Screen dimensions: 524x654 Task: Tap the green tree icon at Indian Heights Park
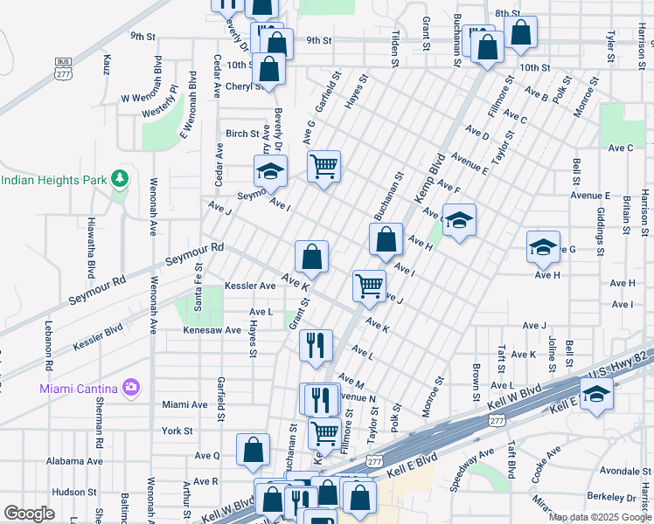point(120,180)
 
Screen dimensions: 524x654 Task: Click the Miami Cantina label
point(80,387)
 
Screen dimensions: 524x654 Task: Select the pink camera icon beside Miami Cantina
point(131,387)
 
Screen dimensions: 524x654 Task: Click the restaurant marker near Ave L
point(316,344)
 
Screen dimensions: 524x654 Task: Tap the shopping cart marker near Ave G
point(324,165)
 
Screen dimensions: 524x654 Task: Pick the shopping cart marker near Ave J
point(369,285)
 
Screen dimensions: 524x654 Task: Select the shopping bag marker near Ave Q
point(253,450)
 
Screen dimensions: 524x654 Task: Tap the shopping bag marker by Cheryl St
point(269,69)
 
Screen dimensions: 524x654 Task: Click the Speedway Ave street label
point(472,467)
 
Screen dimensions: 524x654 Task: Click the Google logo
point(30,514)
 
